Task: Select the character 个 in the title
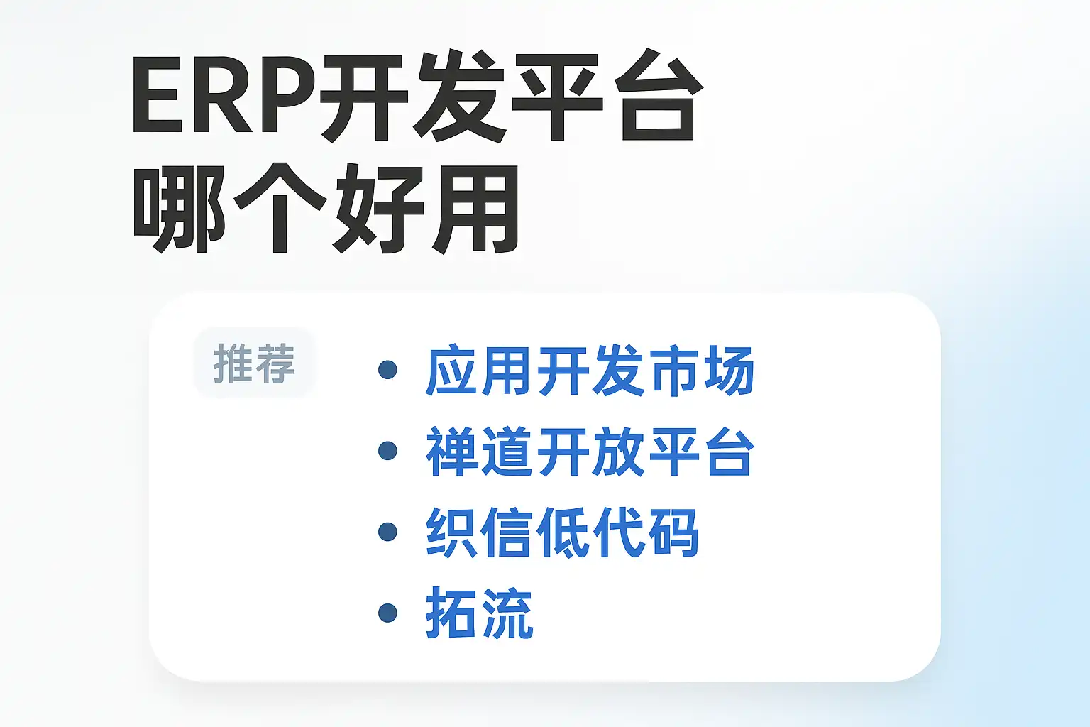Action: (280, 209)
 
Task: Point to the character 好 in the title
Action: (379, 209)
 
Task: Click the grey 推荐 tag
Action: (253, 363)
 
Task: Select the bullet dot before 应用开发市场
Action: (387, 370)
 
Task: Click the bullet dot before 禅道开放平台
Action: (387, 450)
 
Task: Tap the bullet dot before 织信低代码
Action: (387, 531)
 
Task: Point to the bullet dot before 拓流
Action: (387, 613)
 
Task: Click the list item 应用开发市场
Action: (590, 370)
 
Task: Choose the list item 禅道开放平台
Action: (590, 451)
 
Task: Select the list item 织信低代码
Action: (562, 532)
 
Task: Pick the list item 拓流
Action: (479, 613)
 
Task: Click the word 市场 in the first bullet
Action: (701, 370)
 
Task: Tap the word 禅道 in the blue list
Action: (478, 451)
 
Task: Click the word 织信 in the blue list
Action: (478, 532)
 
